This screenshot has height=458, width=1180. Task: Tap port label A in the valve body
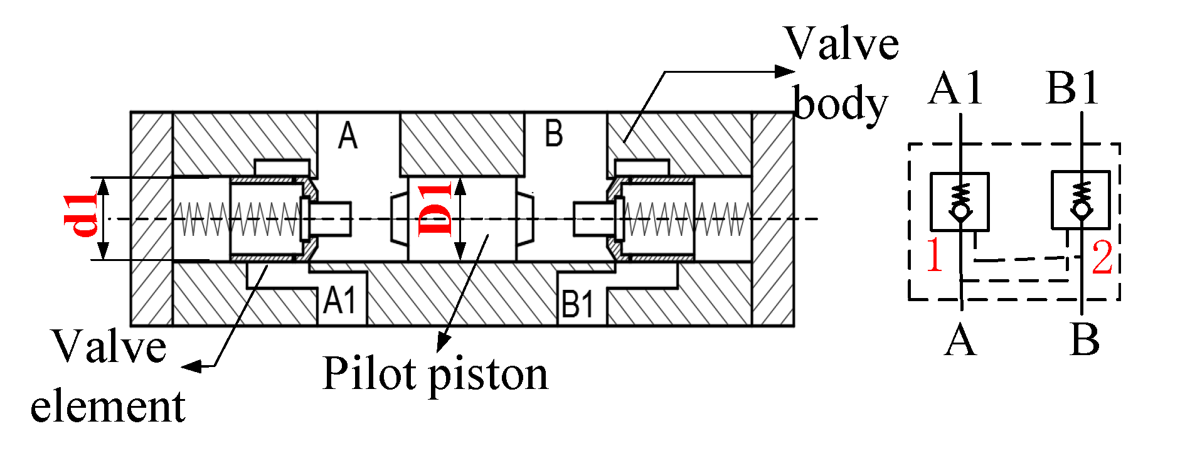(348, 136)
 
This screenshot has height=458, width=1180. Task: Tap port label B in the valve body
(553, 134)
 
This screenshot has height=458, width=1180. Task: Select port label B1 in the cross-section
(577, 304)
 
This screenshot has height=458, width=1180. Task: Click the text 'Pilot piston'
(435, 375)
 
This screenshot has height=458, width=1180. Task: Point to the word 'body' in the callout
(841, 105)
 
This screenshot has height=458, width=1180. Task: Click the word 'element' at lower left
(108, 406)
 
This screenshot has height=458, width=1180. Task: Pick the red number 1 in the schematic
(935, 255)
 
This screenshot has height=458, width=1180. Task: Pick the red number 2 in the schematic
(1102, 257)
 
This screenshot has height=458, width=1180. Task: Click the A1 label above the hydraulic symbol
(955, 88)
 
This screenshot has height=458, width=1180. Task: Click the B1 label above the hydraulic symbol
(1073, 88)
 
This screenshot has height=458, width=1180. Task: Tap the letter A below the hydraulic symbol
(960, 341)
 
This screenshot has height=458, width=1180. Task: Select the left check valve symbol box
(959, 201)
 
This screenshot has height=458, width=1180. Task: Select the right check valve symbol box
(1080, 200)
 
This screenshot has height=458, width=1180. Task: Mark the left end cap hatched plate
(151, 218)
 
